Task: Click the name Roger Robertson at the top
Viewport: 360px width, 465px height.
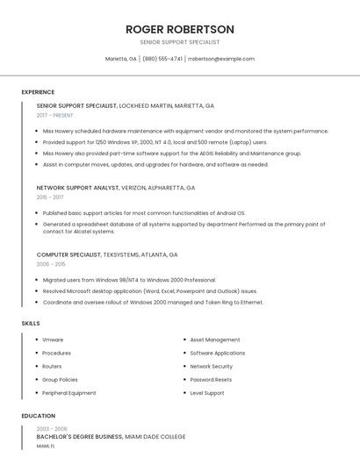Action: click(179, 29)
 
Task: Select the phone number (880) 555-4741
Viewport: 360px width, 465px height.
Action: click(162, 59)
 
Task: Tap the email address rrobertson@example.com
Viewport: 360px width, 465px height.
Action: click(221, 59)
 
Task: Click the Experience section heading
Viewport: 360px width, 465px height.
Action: click(38, 92)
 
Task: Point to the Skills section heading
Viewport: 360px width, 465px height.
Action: click(31, 324)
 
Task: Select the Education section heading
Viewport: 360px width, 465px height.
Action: click(38, 416)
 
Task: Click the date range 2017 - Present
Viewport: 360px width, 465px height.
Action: click(54, 115)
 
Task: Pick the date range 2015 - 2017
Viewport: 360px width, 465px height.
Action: click(50, 197)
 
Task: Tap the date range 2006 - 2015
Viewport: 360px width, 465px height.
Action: click(51, 264)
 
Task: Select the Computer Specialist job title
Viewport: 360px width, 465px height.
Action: click(68, 254)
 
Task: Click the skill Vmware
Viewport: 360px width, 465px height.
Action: click(53, 340)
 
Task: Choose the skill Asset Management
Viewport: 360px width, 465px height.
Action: click(214, 340)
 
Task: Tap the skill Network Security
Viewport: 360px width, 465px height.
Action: click(211, 367)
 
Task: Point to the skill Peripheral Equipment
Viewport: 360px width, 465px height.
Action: click(69, 393)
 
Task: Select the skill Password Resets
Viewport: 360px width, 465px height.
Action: click(211, 380)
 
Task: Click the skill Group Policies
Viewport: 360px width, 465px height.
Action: click(60, 380)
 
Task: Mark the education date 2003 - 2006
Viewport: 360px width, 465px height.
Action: click(52, 428)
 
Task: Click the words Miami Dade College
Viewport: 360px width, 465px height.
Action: click(155, 436)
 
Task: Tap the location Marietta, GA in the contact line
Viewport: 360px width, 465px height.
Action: click(120, 59)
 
